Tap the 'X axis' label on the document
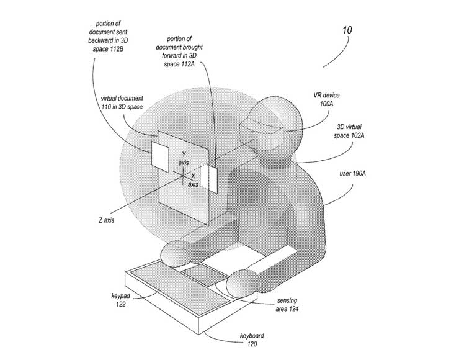coord(193,180)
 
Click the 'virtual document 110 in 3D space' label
coord(122,103)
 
